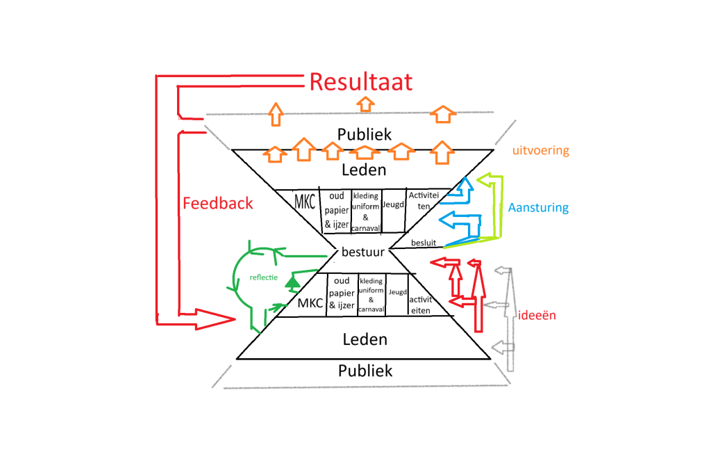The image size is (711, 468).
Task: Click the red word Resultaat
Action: pos(360,82)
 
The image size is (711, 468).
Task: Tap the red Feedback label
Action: pos(217,204)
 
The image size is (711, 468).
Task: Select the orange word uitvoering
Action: pos(540,150)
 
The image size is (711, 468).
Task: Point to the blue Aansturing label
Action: pos(538,207)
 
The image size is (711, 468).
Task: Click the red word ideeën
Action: pos(537,315)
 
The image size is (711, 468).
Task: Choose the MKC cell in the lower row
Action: pos(310,303)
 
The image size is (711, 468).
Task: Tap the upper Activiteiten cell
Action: pos(421,200)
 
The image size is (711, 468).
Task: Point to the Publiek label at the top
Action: pos(365,134)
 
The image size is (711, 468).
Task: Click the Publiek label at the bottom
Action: pos(365,371)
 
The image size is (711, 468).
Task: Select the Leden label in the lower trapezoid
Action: pos(365,339)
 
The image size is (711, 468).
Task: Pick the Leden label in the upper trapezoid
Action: pos(365,170)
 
